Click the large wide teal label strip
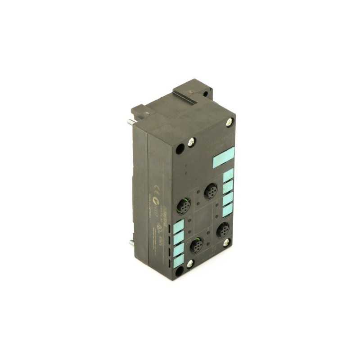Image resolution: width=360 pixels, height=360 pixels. tap(223, 160)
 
